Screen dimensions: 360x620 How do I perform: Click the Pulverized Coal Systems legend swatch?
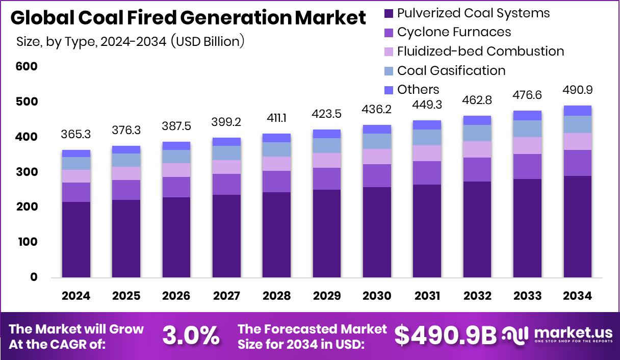[389, 13]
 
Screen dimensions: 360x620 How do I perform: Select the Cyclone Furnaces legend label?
[454, 32]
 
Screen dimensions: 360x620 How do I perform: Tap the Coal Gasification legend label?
[451, 70]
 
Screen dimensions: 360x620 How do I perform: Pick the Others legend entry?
[418, 90]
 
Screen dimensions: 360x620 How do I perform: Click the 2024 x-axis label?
[76, 296]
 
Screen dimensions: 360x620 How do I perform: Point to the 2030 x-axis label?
[377, 296]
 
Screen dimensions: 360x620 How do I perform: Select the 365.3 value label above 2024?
[76, 135]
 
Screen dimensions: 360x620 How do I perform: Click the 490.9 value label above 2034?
[578, 90]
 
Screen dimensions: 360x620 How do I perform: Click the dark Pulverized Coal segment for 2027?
[227, 235]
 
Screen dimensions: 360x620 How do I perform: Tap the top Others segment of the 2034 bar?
[578, 111]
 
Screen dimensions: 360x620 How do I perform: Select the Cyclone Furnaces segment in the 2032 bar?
[477, 169]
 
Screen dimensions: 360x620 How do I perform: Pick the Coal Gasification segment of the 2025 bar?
[126, 160]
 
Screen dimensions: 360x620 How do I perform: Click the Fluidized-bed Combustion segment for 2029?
[327, 161]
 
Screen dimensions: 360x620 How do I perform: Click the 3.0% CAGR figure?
[191, 336]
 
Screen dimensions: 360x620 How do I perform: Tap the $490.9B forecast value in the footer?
[445, 336]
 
